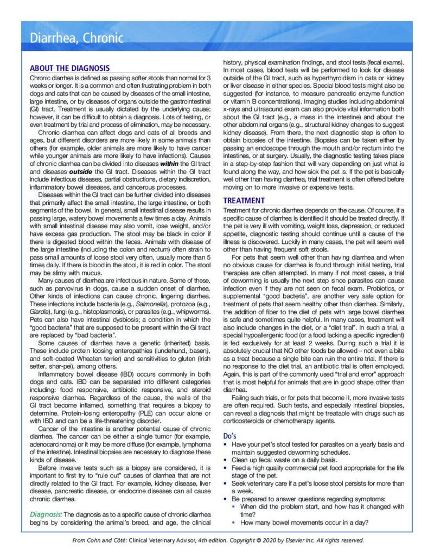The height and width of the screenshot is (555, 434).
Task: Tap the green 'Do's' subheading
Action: (x=230, y=435)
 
